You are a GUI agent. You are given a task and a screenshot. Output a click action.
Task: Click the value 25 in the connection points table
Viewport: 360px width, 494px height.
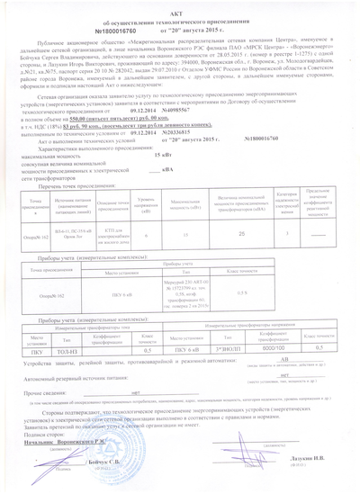click(229, 232)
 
